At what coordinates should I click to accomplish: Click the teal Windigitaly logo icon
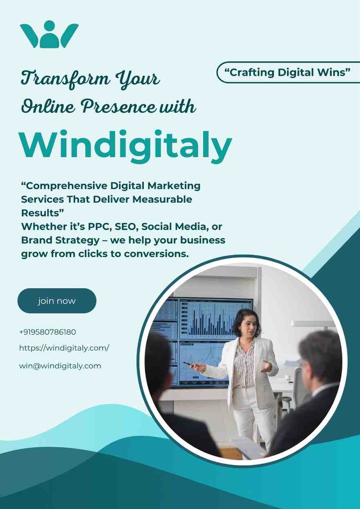point(49,34)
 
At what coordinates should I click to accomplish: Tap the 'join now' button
point(57,300)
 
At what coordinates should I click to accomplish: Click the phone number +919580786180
point(47,332)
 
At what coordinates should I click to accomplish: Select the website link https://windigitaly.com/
point(64,348)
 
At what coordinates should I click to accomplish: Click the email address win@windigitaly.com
point(60,366)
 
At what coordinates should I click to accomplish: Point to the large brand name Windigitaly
point(126,146)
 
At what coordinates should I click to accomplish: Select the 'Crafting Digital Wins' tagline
point(287,72)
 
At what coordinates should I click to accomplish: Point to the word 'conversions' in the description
point(156,254)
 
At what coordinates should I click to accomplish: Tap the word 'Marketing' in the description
point(174,186)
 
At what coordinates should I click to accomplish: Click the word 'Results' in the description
point(42,213)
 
